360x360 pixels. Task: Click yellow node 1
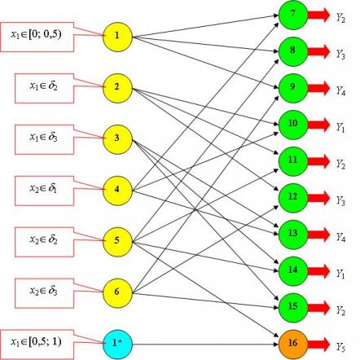(x=117, y=37)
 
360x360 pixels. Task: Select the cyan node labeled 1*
(x=117, y=345)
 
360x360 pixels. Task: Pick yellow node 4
(x=117, y=191)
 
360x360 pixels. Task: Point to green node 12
(x=293, y=198)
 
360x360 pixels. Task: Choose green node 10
(x=293, y=125)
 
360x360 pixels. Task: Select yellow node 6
(x=117, y=293)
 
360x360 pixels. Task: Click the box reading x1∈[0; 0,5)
(x=37, y=37)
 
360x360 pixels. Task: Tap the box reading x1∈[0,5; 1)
(x=37, y=345)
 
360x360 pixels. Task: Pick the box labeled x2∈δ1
(x=44, y=191)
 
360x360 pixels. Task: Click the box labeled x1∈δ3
(x=44, y=139)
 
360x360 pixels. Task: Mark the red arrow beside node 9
(x=318, y=88)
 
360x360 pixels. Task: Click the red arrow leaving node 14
(x=318, y=271)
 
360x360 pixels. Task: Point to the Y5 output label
(x=340, y=347)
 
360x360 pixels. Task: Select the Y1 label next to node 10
(x=340, y=127)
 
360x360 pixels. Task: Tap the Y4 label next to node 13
(x=340, y=237)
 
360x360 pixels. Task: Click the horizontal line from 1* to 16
(x=205, y=345)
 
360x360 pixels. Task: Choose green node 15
(x=293, y=308)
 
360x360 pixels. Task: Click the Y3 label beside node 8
(x=340, y=54)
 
